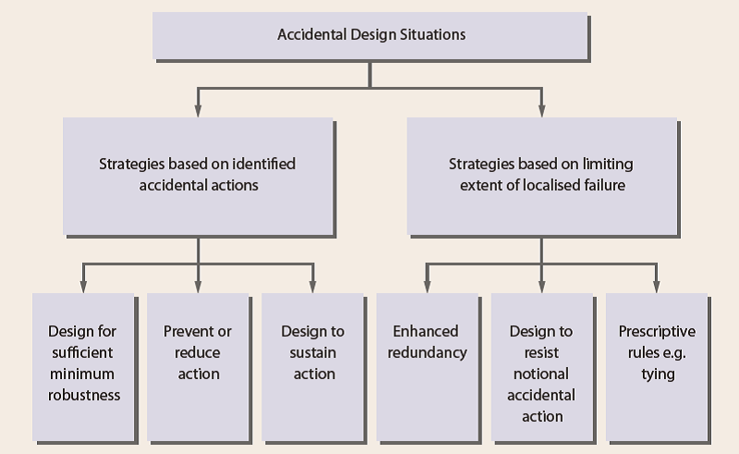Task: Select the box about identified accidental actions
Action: click(x=198, y=175)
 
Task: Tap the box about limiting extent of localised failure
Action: click(x=540, y=175)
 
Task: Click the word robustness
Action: click(x=84, y=396)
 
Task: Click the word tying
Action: click(x=657, y=374)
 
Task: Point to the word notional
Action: click(x=542, y=374)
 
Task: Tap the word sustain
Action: click(x=313, y=352)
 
